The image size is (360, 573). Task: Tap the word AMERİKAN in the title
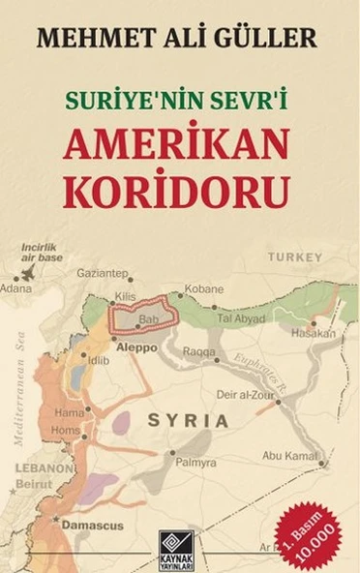(179, 143)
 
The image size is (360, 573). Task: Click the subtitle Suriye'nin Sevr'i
(179, 100)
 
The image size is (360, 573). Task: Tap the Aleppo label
(137, 345)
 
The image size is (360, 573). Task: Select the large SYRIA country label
(188, 421)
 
